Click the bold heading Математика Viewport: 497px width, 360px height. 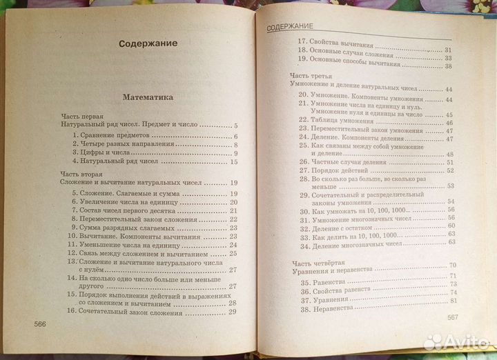coord(148,97)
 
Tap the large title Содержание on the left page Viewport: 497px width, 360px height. coord(148,43)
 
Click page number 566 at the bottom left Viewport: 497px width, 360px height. coord(36,323)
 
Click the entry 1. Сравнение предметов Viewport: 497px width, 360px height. coord(117,136)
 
